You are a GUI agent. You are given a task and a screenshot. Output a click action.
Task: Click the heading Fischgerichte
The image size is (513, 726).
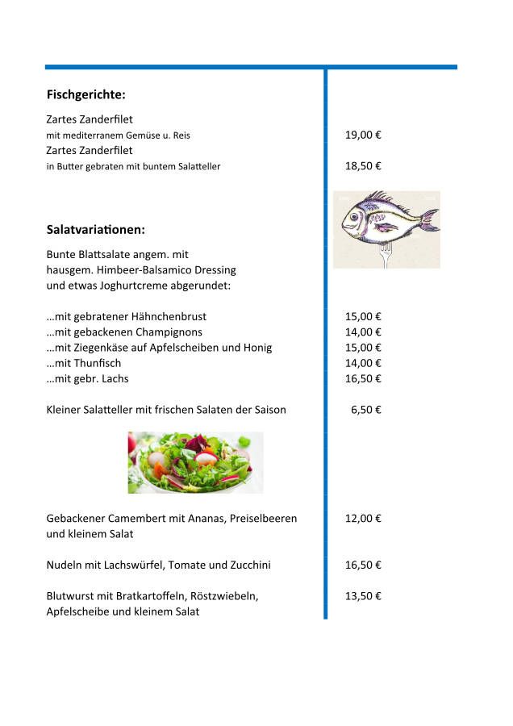(86, 95)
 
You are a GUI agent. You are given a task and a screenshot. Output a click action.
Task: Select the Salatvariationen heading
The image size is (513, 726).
(96, 230)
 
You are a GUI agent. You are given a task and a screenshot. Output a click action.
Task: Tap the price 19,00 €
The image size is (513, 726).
(363, 135)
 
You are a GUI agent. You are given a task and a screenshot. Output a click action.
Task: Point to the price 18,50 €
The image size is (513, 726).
(363, 166)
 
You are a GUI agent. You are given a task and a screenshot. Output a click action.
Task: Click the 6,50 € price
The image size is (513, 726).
(366, 410)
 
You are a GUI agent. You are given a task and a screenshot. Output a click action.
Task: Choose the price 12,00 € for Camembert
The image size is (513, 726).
(363, 519)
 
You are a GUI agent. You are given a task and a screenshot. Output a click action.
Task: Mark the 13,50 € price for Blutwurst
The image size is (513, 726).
(363, 596)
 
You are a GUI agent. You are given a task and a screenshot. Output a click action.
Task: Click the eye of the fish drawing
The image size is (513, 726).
(353, 216)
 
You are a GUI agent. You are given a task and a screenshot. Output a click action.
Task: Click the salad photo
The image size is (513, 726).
(195, 462)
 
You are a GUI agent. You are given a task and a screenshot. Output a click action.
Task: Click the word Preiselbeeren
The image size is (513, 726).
(263, 519)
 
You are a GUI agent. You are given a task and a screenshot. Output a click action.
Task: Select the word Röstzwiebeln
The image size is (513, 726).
(223, 596)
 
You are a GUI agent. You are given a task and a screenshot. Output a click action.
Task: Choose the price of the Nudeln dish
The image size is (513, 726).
(363, 565)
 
